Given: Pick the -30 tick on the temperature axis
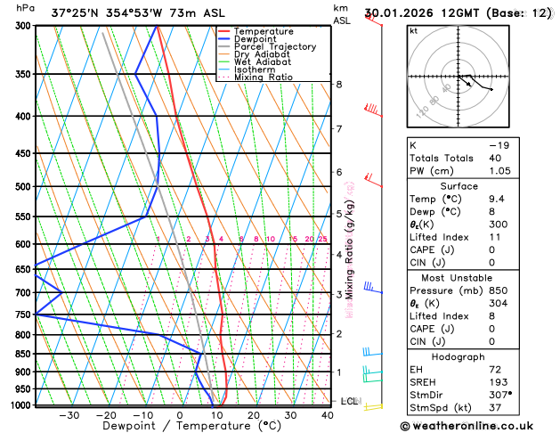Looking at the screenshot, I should point(69,415).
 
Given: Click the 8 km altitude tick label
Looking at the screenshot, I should point(339,85).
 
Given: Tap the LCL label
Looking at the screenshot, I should point(348,402).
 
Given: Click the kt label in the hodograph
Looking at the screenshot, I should point(413,30).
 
